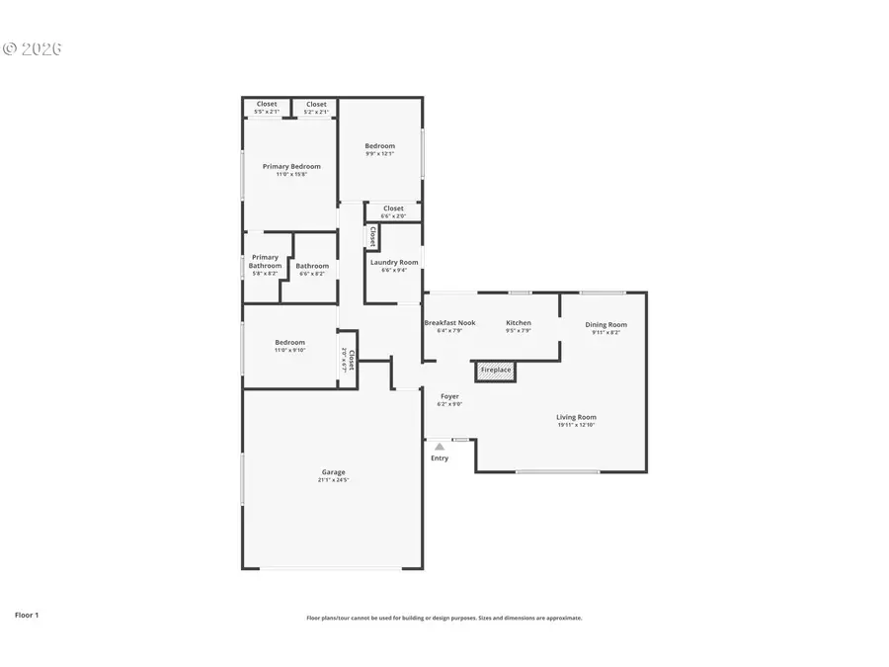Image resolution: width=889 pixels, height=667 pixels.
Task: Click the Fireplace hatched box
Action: (496, 371)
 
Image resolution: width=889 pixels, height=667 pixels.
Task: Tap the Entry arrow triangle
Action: (440, 447)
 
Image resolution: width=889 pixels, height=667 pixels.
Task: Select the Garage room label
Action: (332, 472)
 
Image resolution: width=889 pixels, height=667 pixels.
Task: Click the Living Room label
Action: (576, 417)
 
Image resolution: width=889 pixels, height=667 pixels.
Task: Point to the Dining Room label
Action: (606, 324)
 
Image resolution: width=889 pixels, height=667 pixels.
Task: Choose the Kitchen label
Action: (519, 323)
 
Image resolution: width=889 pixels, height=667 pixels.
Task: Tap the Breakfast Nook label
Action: (449, 323)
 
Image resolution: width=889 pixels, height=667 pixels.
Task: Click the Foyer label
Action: (449, 396)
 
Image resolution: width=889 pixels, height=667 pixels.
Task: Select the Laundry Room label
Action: (394, 262)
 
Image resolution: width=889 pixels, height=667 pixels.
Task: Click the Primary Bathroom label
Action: (265, 261)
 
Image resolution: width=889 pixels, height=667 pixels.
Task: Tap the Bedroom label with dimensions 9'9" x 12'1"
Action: (380, 146)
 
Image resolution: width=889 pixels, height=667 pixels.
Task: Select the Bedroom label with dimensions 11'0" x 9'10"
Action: (290, 342)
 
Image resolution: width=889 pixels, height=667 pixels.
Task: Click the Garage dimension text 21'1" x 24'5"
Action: (332, 480)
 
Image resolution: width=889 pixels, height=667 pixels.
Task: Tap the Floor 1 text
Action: (27, 615)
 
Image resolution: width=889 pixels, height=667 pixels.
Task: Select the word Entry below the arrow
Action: (440, 459)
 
